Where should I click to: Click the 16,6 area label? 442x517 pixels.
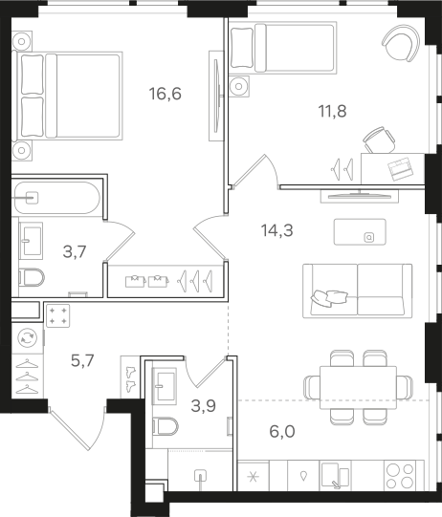[166, 94]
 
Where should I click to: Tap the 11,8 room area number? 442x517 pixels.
[332, 111]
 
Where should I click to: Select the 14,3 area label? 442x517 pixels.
[276, 230]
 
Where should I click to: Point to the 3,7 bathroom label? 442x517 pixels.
[75, 252]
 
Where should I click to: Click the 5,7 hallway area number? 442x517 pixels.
[83, 360]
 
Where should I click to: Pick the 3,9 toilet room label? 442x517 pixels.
[204, 406]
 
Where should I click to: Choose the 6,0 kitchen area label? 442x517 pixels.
[282, 431]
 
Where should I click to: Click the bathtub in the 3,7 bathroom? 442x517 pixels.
[56, 198]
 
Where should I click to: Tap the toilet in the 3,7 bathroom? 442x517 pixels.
[32, 277]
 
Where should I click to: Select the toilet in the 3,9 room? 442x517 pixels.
[166, 426]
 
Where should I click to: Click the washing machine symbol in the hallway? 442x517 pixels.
[28, 338]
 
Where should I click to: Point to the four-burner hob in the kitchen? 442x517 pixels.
[400, 476]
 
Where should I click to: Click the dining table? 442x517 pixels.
[358, 387]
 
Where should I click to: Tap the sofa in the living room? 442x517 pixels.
[358, 291]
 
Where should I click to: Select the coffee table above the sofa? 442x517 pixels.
[360, 232]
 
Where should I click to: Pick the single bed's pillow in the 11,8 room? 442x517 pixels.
[242, 48]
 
